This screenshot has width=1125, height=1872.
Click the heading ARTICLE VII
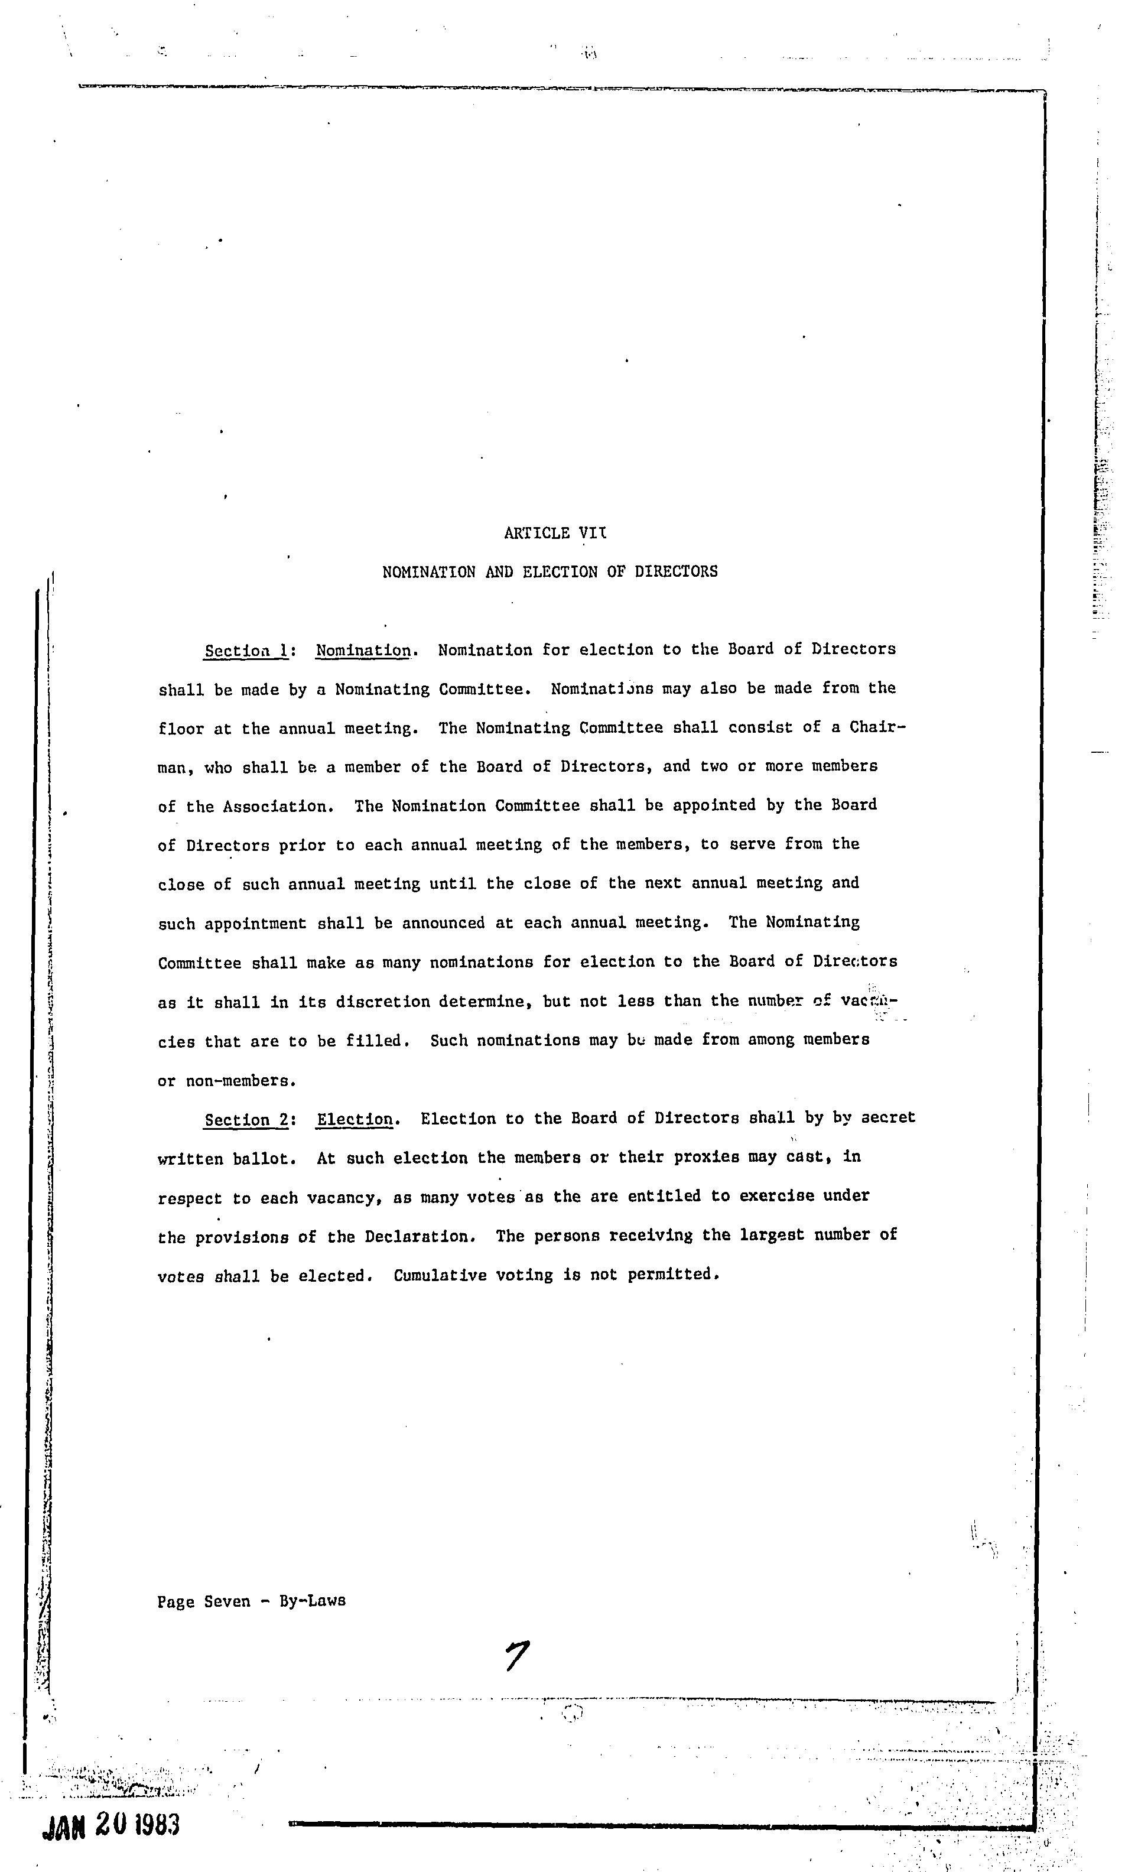[555, 533]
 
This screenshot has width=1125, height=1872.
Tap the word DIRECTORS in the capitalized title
[675, 571]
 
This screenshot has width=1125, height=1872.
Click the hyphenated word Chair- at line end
[877, 727]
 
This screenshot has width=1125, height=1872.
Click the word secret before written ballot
[887, 1118]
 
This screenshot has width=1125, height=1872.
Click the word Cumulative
[439, 1276]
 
